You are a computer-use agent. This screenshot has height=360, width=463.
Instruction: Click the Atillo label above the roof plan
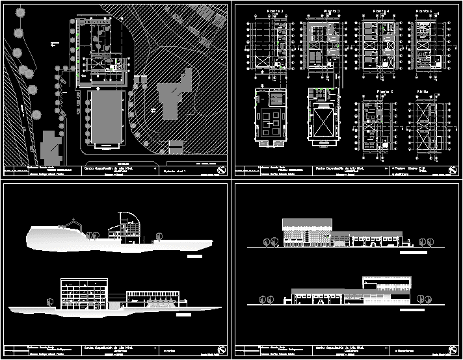coord(423,92)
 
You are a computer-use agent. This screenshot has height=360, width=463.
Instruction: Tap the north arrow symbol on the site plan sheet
coord(222,171)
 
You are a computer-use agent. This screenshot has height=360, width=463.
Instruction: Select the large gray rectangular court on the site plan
coord(105,117)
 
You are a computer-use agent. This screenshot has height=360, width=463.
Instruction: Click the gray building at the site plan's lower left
coord(49,148)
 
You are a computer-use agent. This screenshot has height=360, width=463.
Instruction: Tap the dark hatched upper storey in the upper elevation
coord(307,225)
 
